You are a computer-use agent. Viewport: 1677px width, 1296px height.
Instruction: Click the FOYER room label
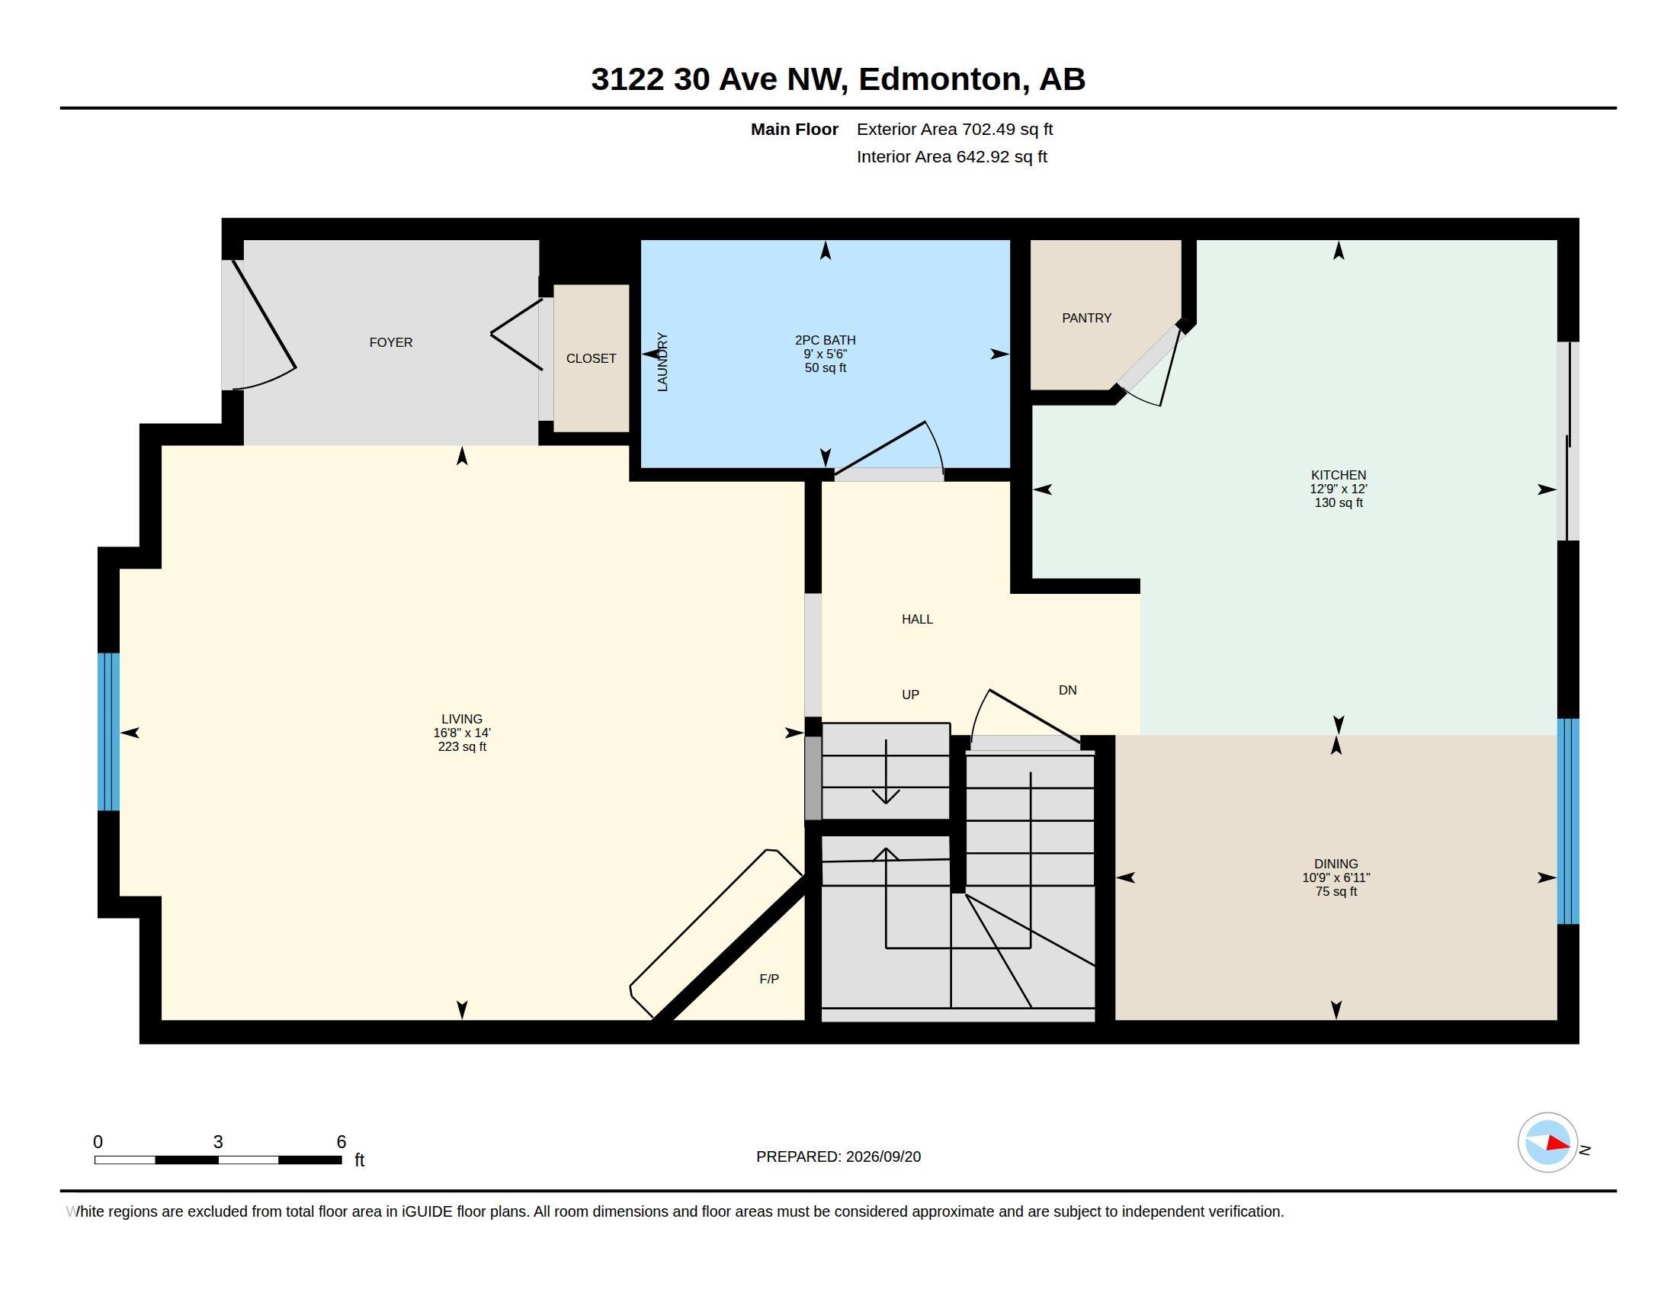click(391, 342)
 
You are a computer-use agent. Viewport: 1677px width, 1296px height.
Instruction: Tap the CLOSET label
click(592, 358)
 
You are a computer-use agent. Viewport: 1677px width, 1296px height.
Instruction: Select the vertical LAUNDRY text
click(662, 362)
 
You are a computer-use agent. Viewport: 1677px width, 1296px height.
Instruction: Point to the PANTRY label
click(1086, 318)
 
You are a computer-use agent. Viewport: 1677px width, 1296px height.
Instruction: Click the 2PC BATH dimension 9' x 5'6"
click(826, 354)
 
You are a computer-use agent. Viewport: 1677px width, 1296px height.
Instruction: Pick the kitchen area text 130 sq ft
click(1339, 503)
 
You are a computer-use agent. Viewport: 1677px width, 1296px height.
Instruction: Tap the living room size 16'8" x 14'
click(461, 733)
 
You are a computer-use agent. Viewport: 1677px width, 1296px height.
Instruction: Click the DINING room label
click(1336, 864)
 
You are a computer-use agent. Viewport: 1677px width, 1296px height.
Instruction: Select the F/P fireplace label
click(769, 979)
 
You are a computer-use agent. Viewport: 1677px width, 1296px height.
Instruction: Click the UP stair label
click(910, 695)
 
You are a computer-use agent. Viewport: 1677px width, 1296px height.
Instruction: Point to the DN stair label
click(1067, 690)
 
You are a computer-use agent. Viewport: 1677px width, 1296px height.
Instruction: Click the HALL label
click(918, 619)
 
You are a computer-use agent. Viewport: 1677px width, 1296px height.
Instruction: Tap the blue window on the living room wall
click(108, 732)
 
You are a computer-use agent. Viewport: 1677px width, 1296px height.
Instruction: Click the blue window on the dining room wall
click(1568, 821)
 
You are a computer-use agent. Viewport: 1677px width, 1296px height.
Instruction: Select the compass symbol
click(1547, 1143)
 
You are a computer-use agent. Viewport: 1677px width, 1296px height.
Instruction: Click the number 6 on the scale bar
click(341, 1142)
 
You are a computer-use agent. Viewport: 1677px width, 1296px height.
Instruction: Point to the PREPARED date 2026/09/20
click(883, 1156)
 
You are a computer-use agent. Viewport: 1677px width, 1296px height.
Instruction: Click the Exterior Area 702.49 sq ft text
click(954, 129)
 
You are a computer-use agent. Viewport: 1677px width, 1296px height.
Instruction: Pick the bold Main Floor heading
click(794, 129)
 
